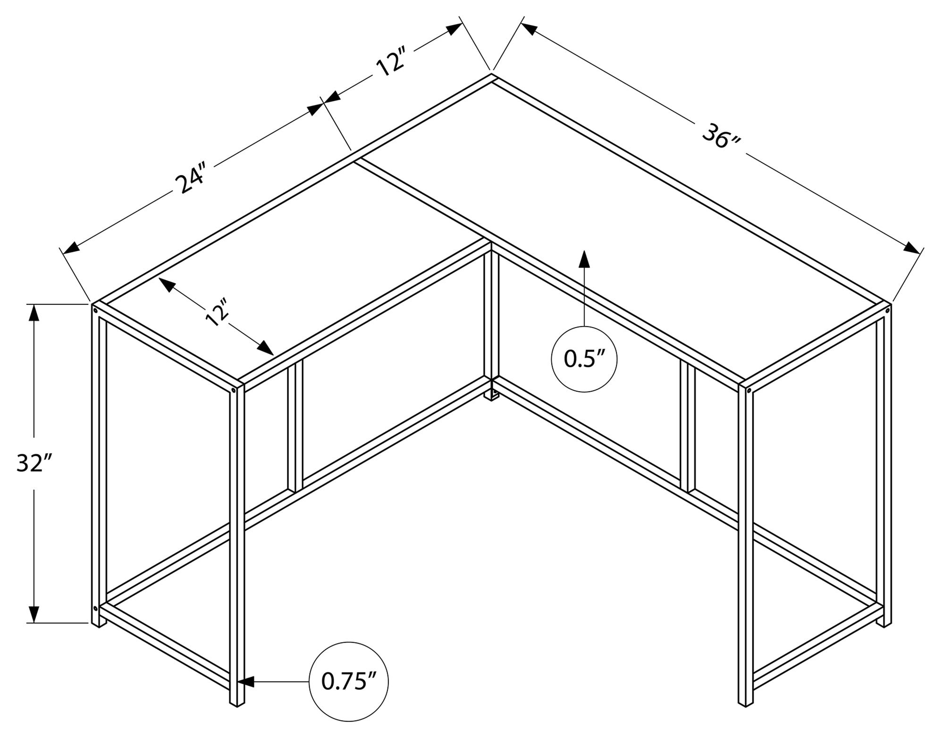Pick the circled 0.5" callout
coord(584,359)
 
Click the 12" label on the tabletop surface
coord(217,312)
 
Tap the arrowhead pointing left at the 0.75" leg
coord(246,681)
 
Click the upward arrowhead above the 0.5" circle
coord(584,260)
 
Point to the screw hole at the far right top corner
coord(887,310)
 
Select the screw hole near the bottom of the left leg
coord(96,608)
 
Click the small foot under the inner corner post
coord(493,395)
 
